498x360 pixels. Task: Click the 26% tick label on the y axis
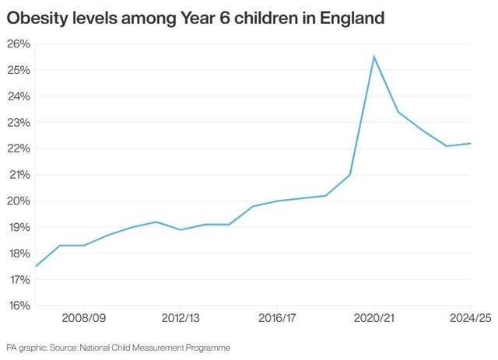click(x=18, y=44)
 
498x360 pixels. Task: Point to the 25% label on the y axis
click(x=18, y=71)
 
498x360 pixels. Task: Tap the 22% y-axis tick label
click(x=18, y=149)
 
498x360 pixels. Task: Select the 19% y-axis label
click(x=18, y=227)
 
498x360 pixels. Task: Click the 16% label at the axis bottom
click(x=18, y=306)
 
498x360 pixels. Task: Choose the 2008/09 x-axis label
click(x=83, y=319)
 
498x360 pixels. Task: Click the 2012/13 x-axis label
click(x=181, y=319)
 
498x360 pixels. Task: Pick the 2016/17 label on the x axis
click(x=277, y=319)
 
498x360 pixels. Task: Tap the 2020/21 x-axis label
click(x=374, y=319)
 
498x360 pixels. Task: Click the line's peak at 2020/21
click(x=374, y=57)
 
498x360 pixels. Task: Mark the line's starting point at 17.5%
click(x=36, y=266)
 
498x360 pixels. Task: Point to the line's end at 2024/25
click(x=471, y=143)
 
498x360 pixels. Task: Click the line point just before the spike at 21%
click(x=350, y=174)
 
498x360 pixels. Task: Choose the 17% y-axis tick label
click(x=18, y=279)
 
